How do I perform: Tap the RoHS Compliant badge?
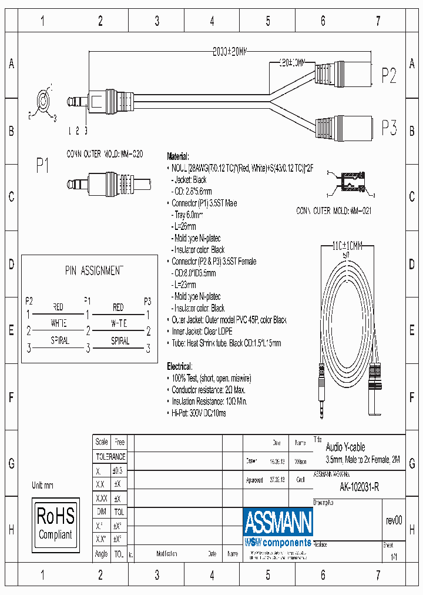[55, 523]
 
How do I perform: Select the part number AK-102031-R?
[359, 487]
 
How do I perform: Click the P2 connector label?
[389, 75]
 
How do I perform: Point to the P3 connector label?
[389, 128]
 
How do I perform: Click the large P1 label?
[42, 167]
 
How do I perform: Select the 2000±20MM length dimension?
[230, 52]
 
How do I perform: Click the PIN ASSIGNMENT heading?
[94, 270]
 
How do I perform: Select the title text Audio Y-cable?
[345, 447]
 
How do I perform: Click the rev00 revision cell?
[394, 520]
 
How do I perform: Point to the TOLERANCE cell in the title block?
[110, 456]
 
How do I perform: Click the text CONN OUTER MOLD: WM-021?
[334, 210]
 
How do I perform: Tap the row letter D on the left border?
[11, 264]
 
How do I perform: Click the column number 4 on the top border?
[212, 21]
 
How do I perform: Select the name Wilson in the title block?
[300, 462]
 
